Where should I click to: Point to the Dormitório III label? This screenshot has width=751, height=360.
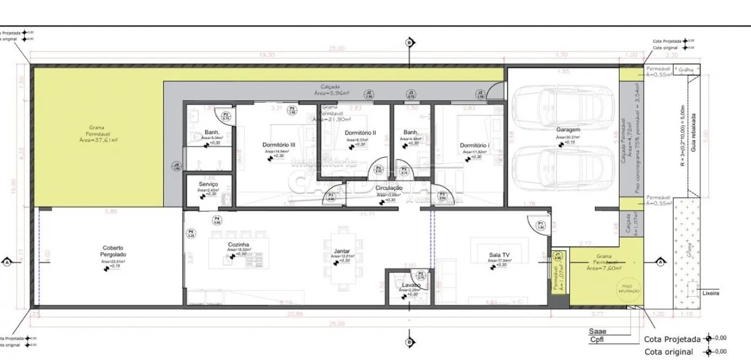point(278,144)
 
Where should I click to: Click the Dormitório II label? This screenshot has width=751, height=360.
point(360,132)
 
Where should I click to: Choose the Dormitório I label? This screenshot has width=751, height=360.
point(474,145)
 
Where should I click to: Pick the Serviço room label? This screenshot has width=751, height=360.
point(208,184)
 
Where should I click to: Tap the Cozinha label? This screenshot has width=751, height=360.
point(239,244)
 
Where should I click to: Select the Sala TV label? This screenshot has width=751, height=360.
point(498,254)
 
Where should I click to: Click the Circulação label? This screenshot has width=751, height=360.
point(389,188)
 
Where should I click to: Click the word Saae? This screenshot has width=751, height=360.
point(598,331)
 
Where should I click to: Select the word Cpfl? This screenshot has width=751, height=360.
point(597,340)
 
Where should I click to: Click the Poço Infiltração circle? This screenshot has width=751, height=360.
point(630,288)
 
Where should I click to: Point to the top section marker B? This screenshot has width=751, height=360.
point(409,42)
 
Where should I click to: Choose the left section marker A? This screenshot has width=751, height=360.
point(7,262)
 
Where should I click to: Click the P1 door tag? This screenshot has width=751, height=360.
point(541,225)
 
